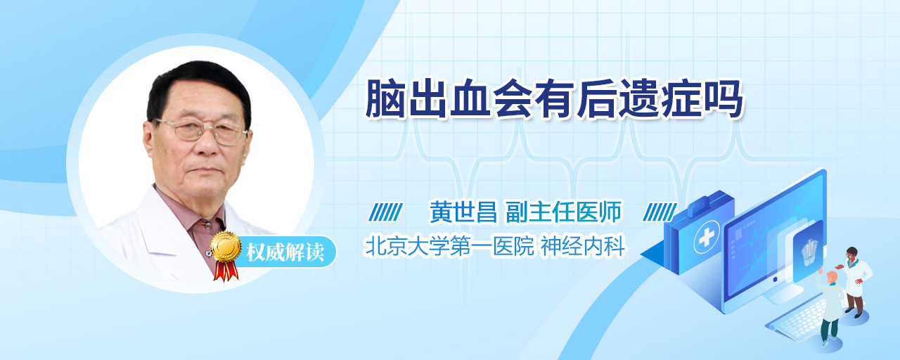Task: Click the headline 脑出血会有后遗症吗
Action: coord(554,99)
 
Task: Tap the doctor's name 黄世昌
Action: coord(463,212)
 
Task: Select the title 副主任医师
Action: coord(564,212)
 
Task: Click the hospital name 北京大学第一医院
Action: coord(449,246)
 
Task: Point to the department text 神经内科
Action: coord(584,246)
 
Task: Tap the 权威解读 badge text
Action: coord(285,252)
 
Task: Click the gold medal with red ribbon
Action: coord(226,255)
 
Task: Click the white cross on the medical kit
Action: coord(706,237)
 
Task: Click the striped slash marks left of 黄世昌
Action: coord(385,212)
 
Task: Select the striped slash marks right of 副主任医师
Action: coord(660,212)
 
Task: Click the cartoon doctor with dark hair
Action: coord(855,282)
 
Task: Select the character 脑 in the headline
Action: coord(385,99)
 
